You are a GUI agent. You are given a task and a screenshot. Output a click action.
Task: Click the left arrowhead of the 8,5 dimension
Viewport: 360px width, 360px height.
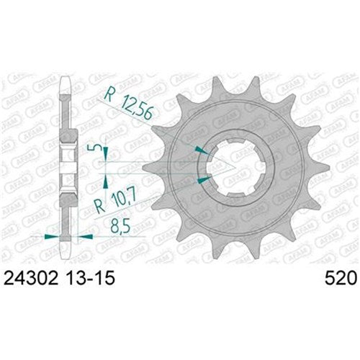49,235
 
